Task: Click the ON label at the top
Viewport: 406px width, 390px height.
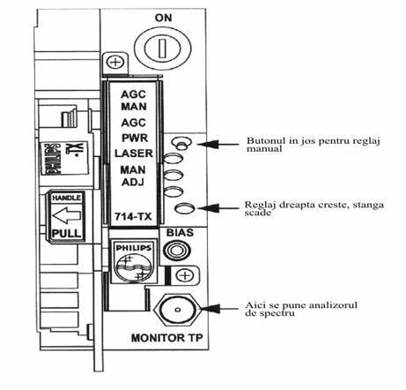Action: tap(163, 18)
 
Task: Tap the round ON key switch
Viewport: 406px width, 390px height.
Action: tap(163, 48)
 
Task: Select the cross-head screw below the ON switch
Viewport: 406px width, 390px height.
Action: tap(115, 63)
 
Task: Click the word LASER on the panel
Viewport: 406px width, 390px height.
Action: tap(134, 154)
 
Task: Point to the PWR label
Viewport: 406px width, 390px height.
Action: tap(135, 138)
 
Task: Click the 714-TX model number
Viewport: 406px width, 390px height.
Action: tap(133, 217)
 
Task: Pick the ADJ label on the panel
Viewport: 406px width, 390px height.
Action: tap(133, 183)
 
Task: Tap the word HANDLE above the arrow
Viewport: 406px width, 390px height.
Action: tap(66, 198)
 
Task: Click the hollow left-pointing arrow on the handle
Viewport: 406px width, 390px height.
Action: tap(66, 215)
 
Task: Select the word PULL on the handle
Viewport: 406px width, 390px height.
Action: tap(66, 234)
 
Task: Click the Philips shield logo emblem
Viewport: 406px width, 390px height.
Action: tap(134, 262)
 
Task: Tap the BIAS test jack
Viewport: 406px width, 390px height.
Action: tap(177, 251)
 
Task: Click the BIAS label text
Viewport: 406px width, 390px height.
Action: tap(180, 233)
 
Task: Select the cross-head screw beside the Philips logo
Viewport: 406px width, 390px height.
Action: tap(184, 275)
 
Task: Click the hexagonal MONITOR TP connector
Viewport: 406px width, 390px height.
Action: tap(177, 309)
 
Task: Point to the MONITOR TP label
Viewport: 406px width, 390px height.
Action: tap(166, 338)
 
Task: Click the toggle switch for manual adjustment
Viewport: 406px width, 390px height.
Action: tap(182, 143)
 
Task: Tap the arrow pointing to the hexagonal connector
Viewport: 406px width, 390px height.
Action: tap(219, 309)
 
